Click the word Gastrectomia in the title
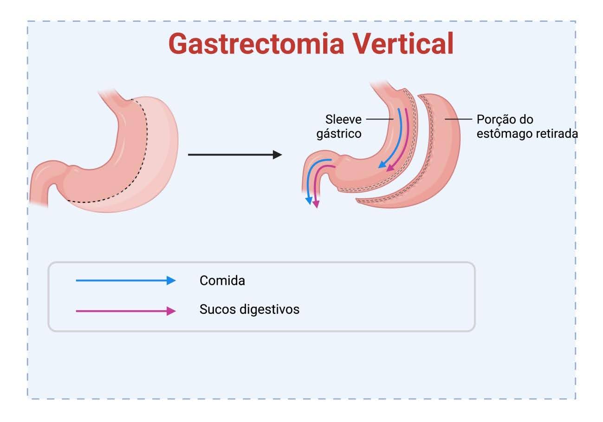pyautogui.click(x=256, y=44)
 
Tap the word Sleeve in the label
pyautogui.click(x=343, y=119)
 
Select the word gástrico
pyautogui.click(x=339, y=134)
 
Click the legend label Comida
pyautogui.click(x=222, y=280)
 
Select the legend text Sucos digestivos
pyautogui.click(x=249, y=309)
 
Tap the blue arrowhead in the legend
pyautogui.click(x=172, y=280)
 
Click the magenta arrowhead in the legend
pyautogui.click(x=172, y=311)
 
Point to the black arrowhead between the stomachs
pyautogui.click(x=278, y=155)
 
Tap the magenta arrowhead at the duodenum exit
pyautogui.click(x=317, y=204)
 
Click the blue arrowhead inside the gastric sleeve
pyautogui.click(x=382, y=164)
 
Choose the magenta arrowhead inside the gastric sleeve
pyautogui.click(x=390, y=168)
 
